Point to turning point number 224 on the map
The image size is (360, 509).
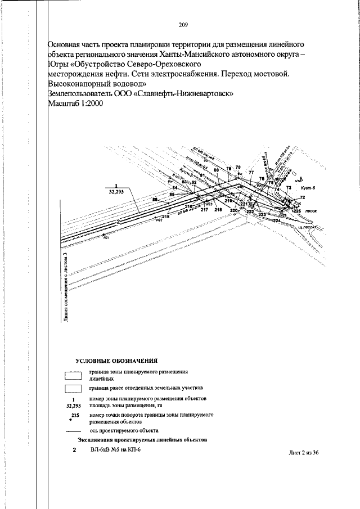click(x=276, y=220)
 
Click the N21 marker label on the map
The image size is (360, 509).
click(x=106, y=238)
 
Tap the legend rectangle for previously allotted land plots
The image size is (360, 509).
click(x=74, y=389)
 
